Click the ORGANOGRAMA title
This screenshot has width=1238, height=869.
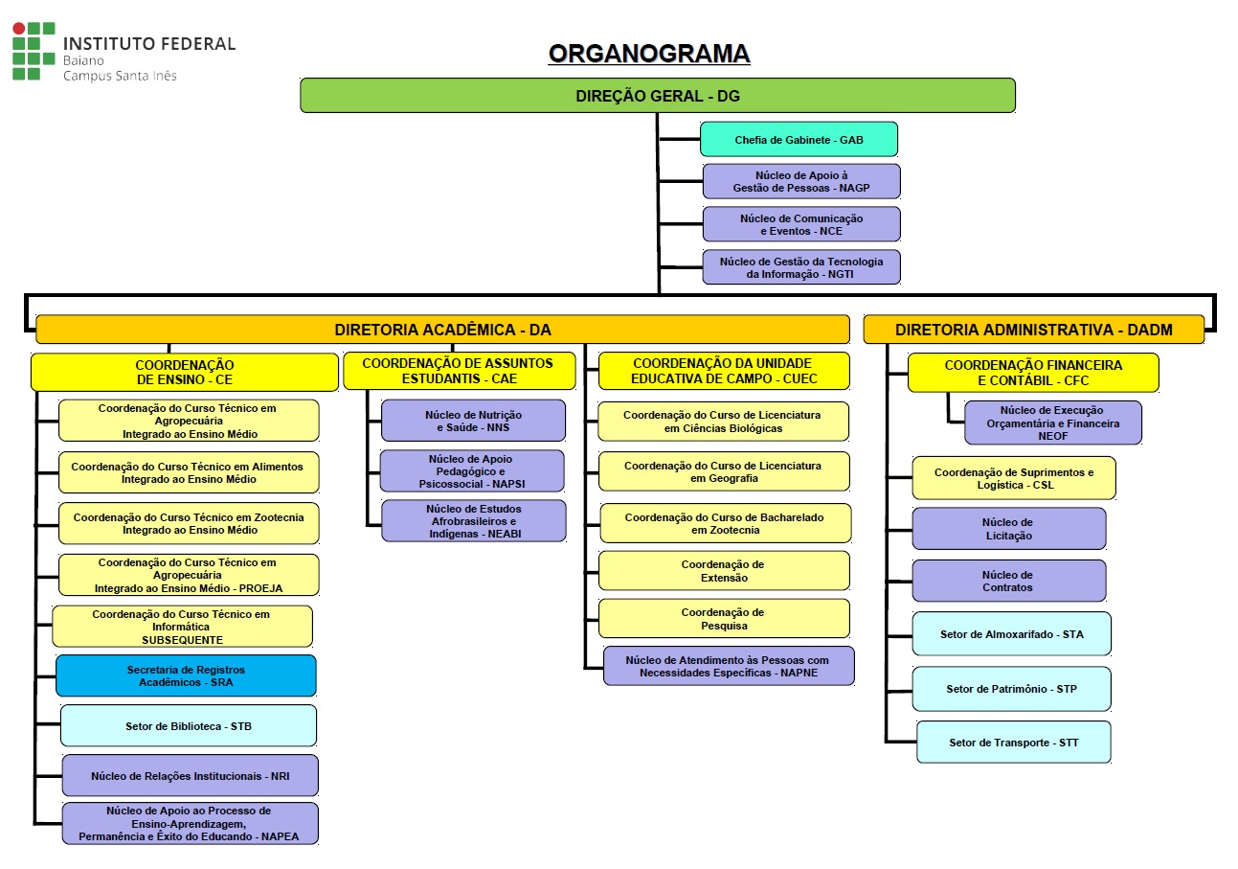point(648,54)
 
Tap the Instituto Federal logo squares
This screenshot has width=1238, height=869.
point(34,51)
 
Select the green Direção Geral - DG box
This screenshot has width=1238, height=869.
point(657,96)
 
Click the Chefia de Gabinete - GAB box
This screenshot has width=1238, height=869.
point(799,139)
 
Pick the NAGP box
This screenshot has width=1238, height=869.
point(801,181)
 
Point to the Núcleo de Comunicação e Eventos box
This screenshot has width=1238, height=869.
point(801,224)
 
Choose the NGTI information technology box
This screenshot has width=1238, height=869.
point(801,267)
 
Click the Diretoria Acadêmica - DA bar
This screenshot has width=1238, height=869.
point(442,330)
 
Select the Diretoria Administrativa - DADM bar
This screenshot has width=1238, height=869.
point(1033,330)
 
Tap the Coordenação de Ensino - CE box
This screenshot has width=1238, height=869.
point(185,373)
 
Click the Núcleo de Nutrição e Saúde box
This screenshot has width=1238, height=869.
point(473,421)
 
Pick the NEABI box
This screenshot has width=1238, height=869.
point(473,520)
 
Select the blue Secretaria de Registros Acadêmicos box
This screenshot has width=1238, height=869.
point(186,675)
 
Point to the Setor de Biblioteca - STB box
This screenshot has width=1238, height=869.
point(188,726)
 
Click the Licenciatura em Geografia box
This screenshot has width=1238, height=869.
point(724,471)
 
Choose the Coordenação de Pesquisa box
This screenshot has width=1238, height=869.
point(724,619)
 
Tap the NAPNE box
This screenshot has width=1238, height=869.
point(728,666)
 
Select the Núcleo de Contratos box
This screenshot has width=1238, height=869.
point(1008,581)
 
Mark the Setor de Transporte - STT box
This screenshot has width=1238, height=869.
point(1013,743)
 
